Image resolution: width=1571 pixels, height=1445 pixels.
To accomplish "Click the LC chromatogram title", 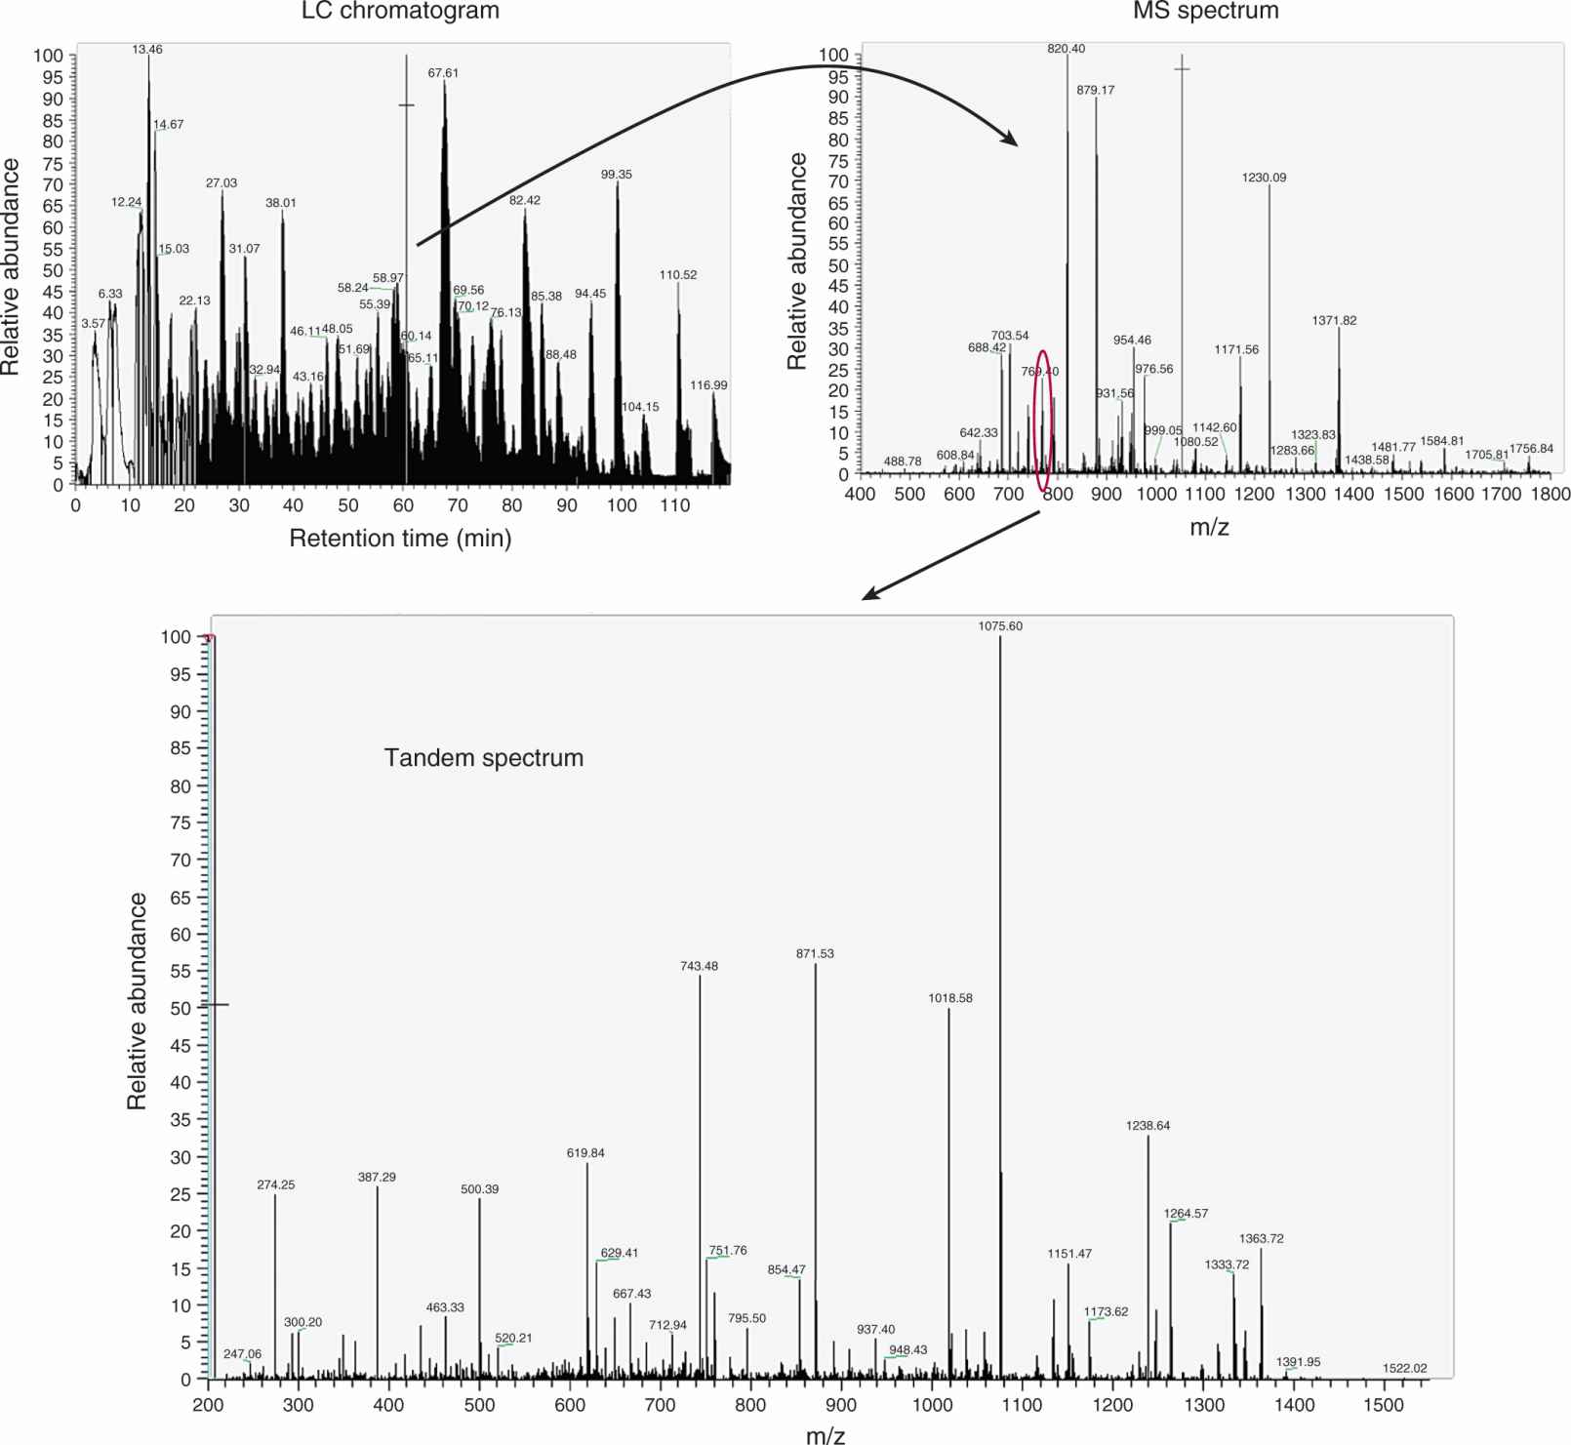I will pyautogui.click(x=400, y=12).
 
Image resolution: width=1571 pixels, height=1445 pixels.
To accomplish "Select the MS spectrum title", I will pyautogui.click(x=1205, y=12).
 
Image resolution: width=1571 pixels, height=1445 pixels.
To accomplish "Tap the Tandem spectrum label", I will pyautogui.click(x=484, y=758).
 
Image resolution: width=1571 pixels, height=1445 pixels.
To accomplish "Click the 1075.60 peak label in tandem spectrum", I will pyautogui.click(x=1000, y=626).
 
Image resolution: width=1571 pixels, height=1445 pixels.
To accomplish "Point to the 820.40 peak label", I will pyautogui.click(x=1066, y=49).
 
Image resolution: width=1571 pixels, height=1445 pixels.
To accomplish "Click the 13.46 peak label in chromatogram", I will pyautogui.click(x=147, y=49).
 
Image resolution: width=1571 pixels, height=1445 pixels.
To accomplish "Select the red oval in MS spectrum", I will pyautogui.click(x=1043, y=421).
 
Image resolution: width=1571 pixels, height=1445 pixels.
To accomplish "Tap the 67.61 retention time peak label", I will pyautogui.click(x=443, y=73).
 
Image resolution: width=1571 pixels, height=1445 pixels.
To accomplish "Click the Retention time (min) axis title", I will pyautogui.click(x=400, y=539).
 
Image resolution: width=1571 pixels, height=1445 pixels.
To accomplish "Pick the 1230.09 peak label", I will pyautogui.click(x=1264, y=178).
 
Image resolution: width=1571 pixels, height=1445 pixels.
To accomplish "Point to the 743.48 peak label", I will pyautogui.click(x=699, y=966).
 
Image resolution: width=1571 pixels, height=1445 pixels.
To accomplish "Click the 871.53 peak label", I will pyautogui.click(x=815, y=953).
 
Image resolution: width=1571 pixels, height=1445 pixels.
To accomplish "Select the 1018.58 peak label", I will pyautogui.click(x=950, y=998).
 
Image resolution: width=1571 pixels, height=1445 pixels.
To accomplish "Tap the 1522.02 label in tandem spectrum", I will pyautogui.click(x=1404, y=1368).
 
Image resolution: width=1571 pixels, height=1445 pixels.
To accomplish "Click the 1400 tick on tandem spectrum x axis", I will pyautogui.click(x=1294, y=1405).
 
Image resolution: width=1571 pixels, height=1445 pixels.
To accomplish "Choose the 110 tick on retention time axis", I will pyautogui.click(x=675, y=505).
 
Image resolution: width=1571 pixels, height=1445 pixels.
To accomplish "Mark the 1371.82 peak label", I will pyautogui.click(x=1334, y=320).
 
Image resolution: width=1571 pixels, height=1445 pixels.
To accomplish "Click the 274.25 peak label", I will pyautogui.click(x=275, y=1184).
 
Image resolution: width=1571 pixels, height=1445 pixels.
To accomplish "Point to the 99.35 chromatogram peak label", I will pyautogui.click(x=616, y=175).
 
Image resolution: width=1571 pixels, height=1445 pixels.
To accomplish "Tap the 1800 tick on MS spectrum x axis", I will pyautogui.click(x=1551, y=494).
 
